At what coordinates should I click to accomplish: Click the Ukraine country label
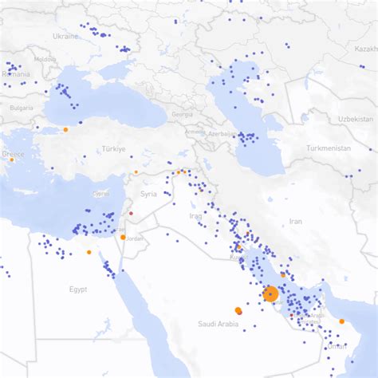[x=65, y=36]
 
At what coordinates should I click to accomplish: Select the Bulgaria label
[x=21, y=107]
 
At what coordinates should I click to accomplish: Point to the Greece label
[x=12, y=154]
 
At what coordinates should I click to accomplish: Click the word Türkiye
[x=113, y=149]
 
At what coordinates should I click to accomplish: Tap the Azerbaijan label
[x=222, y=134]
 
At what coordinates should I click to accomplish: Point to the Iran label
[x=295, y=221]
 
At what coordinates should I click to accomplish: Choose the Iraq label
[x=196, y=216]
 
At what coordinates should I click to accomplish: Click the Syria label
[x=149, y=194]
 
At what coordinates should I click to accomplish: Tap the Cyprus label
[x=101, y=193]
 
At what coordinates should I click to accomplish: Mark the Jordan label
[x=135, y=238]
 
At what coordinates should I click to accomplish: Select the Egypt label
[x=78, y=289]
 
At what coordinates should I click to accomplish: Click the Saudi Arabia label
[x=218, y=324]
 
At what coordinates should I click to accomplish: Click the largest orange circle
[x=270, y=294]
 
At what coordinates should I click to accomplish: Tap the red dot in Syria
[x=130, y=213]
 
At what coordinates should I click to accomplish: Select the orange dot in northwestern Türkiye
[x=65, y=129]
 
